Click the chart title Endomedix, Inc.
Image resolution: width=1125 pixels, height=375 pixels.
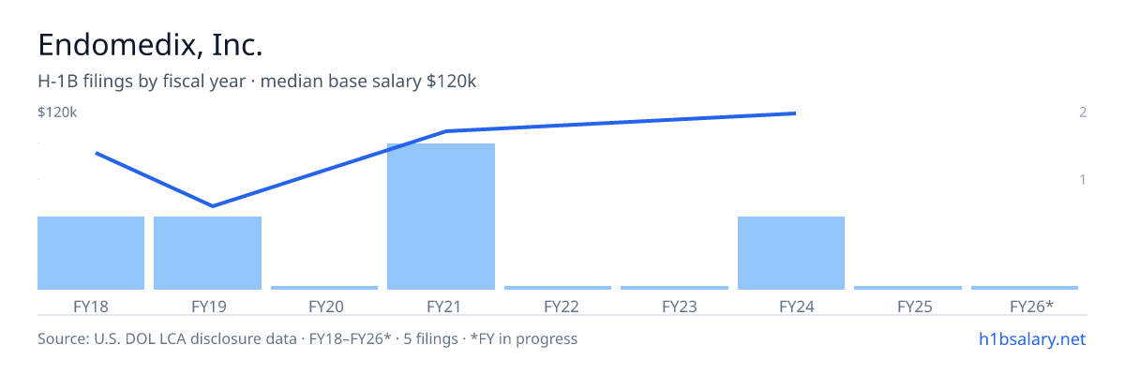(150, 45)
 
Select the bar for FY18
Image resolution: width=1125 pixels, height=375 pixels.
(91, 253)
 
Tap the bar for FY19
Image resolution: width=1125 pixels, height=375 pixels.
(207, 253)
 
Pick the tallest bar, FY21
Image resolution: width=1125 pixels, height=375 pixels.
(441, 217)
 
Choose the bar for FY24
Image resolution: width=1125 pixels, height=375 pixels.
(791, 253)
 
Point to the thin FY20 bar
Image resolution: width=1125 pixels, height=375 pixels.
(324, 288)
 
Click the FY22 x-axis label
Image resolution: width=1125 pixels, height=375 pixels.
(562, 307)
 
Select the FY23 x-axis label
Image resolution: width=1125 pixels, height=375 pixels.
(680, 307)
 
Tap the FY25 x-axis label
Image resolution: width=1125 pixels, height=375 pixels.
(915, 307)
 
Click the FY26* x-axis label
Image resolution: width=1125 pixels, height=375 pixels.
(1031, 306)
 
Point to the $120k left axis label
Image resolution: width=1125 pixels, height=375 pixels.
(57, 112)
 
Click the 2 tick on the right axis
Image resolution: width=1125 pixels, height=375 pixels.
(1083, 112)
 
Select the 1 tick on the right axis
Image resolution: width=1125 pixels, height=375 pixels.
(1083, 179)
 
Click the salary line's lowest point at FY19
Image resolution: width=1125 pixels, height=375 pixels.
(213, 206)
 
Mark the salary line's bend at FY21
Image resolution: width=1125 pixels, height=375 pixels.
(446, 131)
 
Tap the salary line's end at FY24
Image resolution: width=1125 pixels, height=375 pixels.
(796, 113)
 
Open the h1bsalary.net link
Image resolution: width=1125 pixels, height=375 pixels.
(1032, 338)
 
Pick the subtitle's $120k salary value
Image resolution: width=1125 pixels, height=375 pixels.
(451, 81)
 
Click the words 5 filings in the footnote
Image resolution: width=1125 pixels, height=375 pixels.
(430, 338)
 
